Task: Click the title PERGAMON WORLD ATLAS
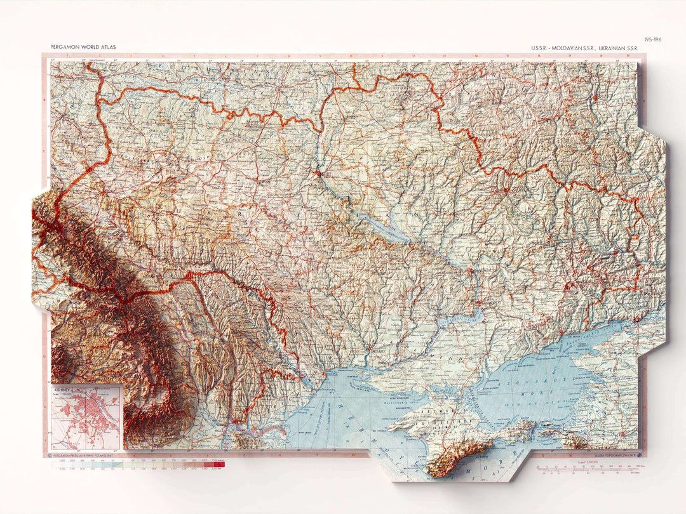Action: [x=83, y=47]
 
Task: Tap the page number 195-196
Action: [x=652, y=39]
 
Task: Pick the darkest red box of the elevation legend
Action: [x=220, y=465]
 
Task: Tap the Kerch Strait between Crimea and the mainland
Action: [x=538, y=429]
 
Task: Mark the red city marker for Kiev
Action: [x=317, y=171]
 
